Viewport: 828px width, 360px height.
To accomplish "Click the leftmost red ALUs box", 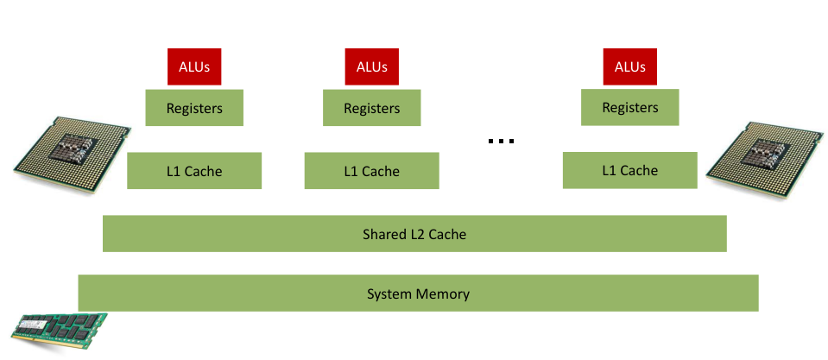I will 194,66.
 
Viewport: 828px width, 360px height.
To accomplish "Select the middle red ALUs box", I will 371,66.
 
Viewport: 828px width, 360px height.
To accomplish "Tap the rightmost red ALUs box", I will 629,66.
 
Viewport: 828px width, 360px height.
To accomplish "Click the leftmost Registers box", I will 194,108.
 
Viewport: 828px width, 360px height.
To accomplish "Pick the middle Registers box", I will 371,108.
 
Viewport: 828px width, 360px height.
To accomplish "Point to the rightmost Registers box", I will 629,107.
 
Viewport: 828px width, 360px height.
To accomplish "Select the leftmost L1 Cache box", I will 194,171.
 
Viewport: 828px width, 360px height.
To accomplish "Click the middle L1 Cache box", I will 371,171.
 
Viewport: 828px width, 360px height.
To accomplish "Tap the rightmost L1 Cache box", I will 629,170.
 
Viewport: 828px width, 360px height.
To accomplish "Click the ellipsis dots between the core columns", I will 501,141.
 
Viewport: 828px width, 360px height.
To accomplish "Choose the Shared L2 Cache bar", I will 414,234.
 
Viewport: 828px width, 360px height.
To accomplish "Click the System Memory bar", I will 418,294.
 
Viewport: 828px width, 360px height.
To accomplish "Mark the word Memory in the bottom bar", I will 444,294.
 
